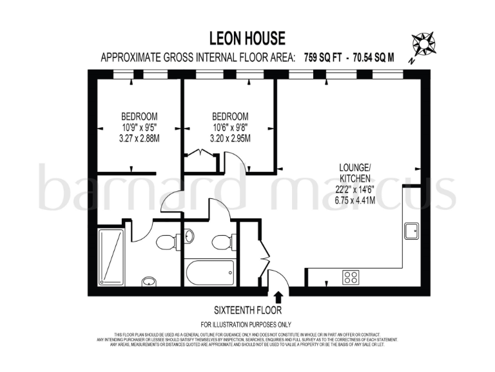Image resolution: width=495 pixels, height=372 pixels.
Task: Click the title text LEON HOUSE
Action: click(247, 39)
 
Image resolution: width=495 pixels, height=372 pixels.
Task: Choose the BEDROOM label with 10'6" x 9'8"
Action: click(229, 116)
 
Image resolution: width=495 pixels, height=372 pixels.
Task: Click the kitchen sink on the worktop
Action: click(411, 230)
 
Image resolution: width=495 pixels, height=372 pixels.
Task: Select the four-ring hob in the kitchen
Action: click(351, 276)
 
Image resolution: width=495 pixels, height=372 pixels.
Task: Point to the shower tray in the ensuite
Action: click(110, 257)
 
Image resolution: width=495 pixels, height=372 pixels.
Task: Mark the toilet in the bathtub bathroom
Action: click(221, 242)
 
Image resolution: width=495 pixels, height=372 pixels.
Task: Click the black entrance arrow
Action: click(278, 297)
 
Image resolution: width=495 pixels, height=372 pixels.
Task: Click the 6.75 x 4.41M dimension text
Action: click(354, 200)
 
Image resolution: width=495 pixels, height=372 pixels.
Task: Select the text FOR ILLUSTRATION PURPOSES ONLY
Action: click(246, 324)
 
